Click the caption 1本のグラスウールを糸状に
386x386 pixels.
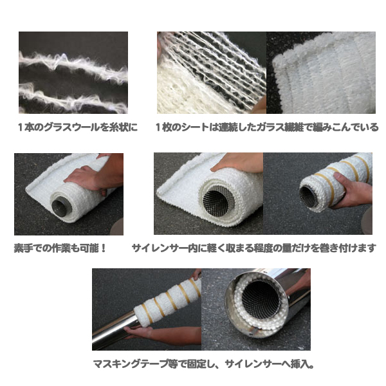[78, 127]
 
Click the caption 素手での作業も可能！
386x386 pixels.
[60, 248]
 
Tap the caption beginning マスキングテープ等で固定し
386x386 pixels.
[203, 363]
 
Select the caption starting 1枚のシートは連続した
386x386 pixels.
[267, 127]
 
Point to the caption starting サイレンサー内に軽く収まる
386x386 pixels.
[254, 248]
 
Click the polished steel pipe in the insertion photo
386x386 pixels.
[116, 329]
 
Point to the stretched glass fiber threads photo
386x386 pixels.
[212, 73]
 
